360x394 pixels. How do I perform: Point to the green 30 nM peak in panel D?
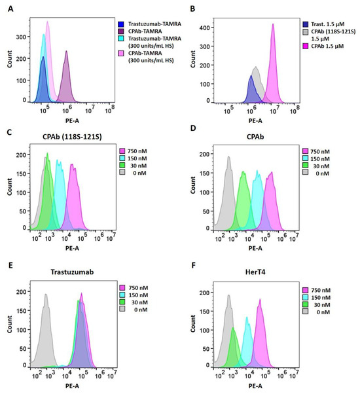[x=243, y=173]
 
